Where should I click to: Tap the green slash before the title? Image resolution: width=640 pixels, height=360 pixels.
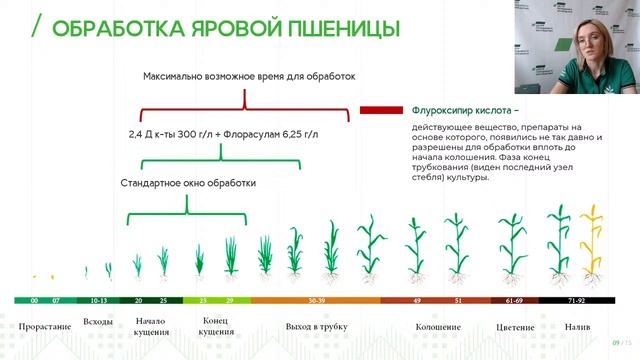click(x=36, y=27)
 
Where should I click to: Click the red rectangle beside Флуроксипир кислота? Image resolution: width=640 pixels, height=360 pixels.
click(x=380, y=110)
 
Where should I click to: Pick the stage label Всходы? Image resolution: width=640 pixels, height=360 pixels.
click(x=98, y=322)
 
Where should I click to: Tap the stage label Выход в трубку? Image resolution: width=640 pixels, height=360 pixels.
click(x=316, y=327)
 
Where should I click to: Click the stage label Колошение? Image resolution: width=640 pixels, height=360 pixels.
click(x=439, y=327)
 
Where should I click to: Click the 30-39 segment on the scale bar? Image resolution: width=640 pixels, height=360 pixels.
click(x=316, y=299)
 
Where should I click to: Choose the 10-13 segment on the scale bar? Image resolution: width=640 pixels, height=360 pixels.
click(x=98, y=299)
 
